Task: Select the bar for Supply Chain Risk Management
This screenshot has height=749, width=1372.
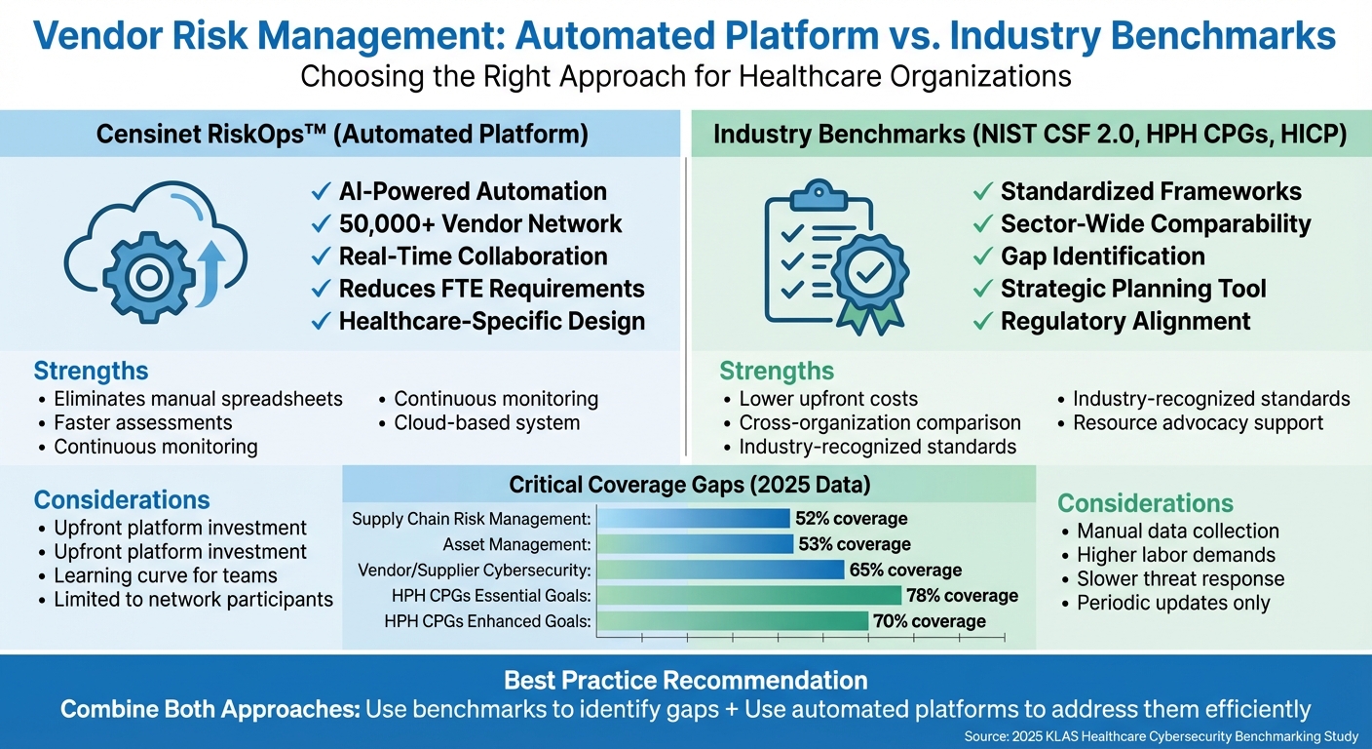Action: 693,519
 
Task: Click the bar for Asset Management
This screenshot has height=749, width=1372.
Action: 694,544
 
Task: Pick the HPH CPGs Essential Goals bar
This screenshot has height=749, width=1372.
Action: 748,595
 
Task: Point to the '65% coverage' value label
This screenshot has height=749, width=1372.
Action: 905,570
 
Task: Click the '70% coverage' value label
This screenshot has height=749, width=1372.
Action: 930,621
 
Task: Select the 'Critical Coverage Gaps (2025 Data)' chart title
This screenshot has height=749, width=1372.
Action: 690,485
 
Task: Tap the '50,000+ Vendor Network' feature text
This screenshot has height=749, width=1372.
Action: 479,224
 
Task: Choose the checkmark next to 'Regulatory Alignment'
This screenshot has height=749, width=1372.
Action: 983,321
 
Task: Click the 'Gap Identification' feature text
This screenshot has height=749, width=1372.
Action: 1102,256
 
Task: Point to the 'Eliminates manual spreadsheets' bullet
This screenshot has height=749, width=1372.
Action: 198,399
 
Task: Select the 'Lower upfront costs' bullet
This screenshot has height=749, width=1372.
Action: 828,399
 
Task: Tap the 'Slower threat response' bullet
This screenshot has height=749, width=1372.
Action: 1180,579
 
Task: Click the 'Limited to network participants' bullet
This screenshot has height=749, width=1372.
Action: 193,599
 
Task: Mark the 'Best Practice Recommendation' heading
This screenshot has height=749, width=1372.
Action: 685,680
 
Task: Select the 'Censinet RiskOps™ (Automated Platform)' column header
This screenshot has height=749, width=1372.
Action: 342,135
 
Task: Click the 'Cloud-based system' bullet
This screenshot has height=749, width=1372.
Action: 486,422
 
